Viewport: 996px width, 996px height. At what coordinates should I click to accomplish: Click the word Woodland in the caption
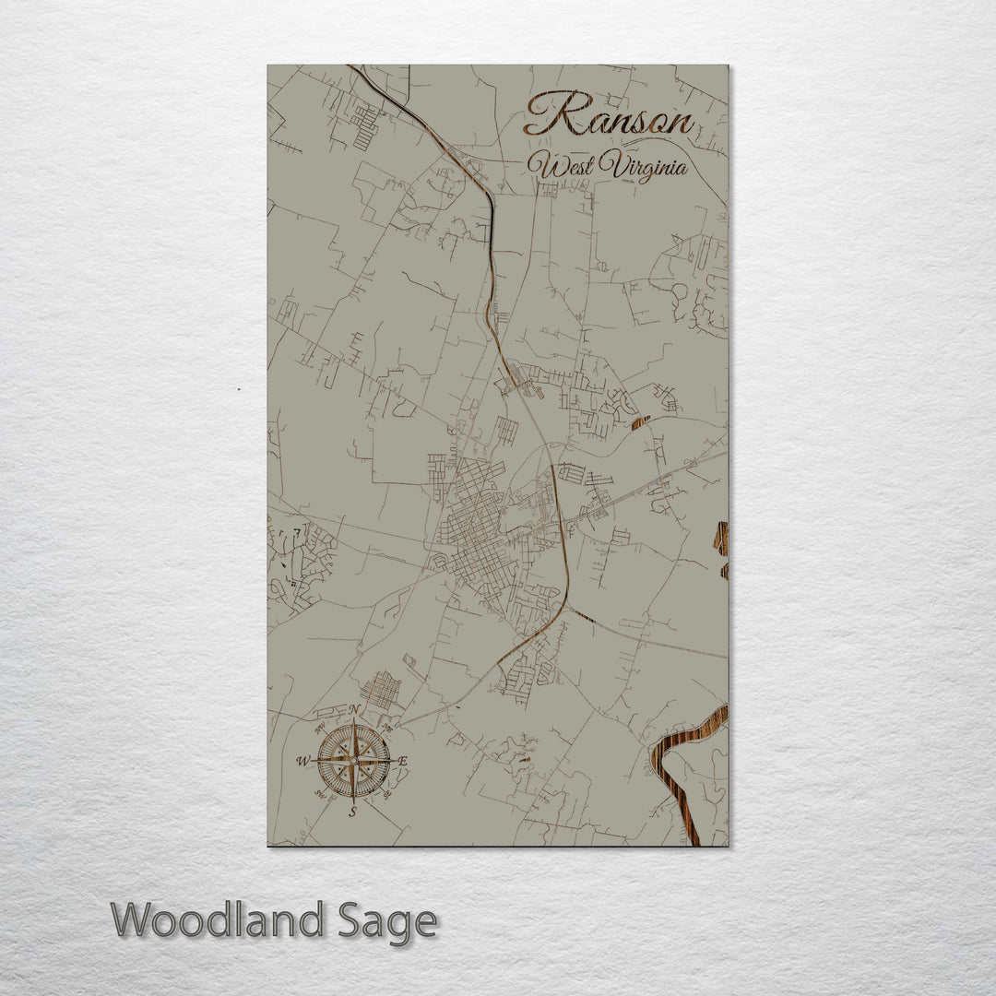tap(218, 920)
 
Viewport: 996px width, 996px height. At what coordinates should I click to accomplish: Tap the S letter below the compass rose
tap(352, 812)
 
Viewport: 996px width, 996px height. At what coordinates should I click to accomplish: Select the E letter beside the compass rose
tap(403, 762)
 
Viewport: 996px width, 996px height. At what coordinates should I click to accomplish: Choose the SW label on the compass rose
tap(320, 793)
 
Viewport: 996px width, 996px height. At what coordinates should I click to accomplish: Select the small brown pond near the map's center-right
tap(640, 422)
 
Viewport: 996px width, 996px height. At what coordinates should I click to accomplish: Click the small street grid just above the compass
tap(381, 689)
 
